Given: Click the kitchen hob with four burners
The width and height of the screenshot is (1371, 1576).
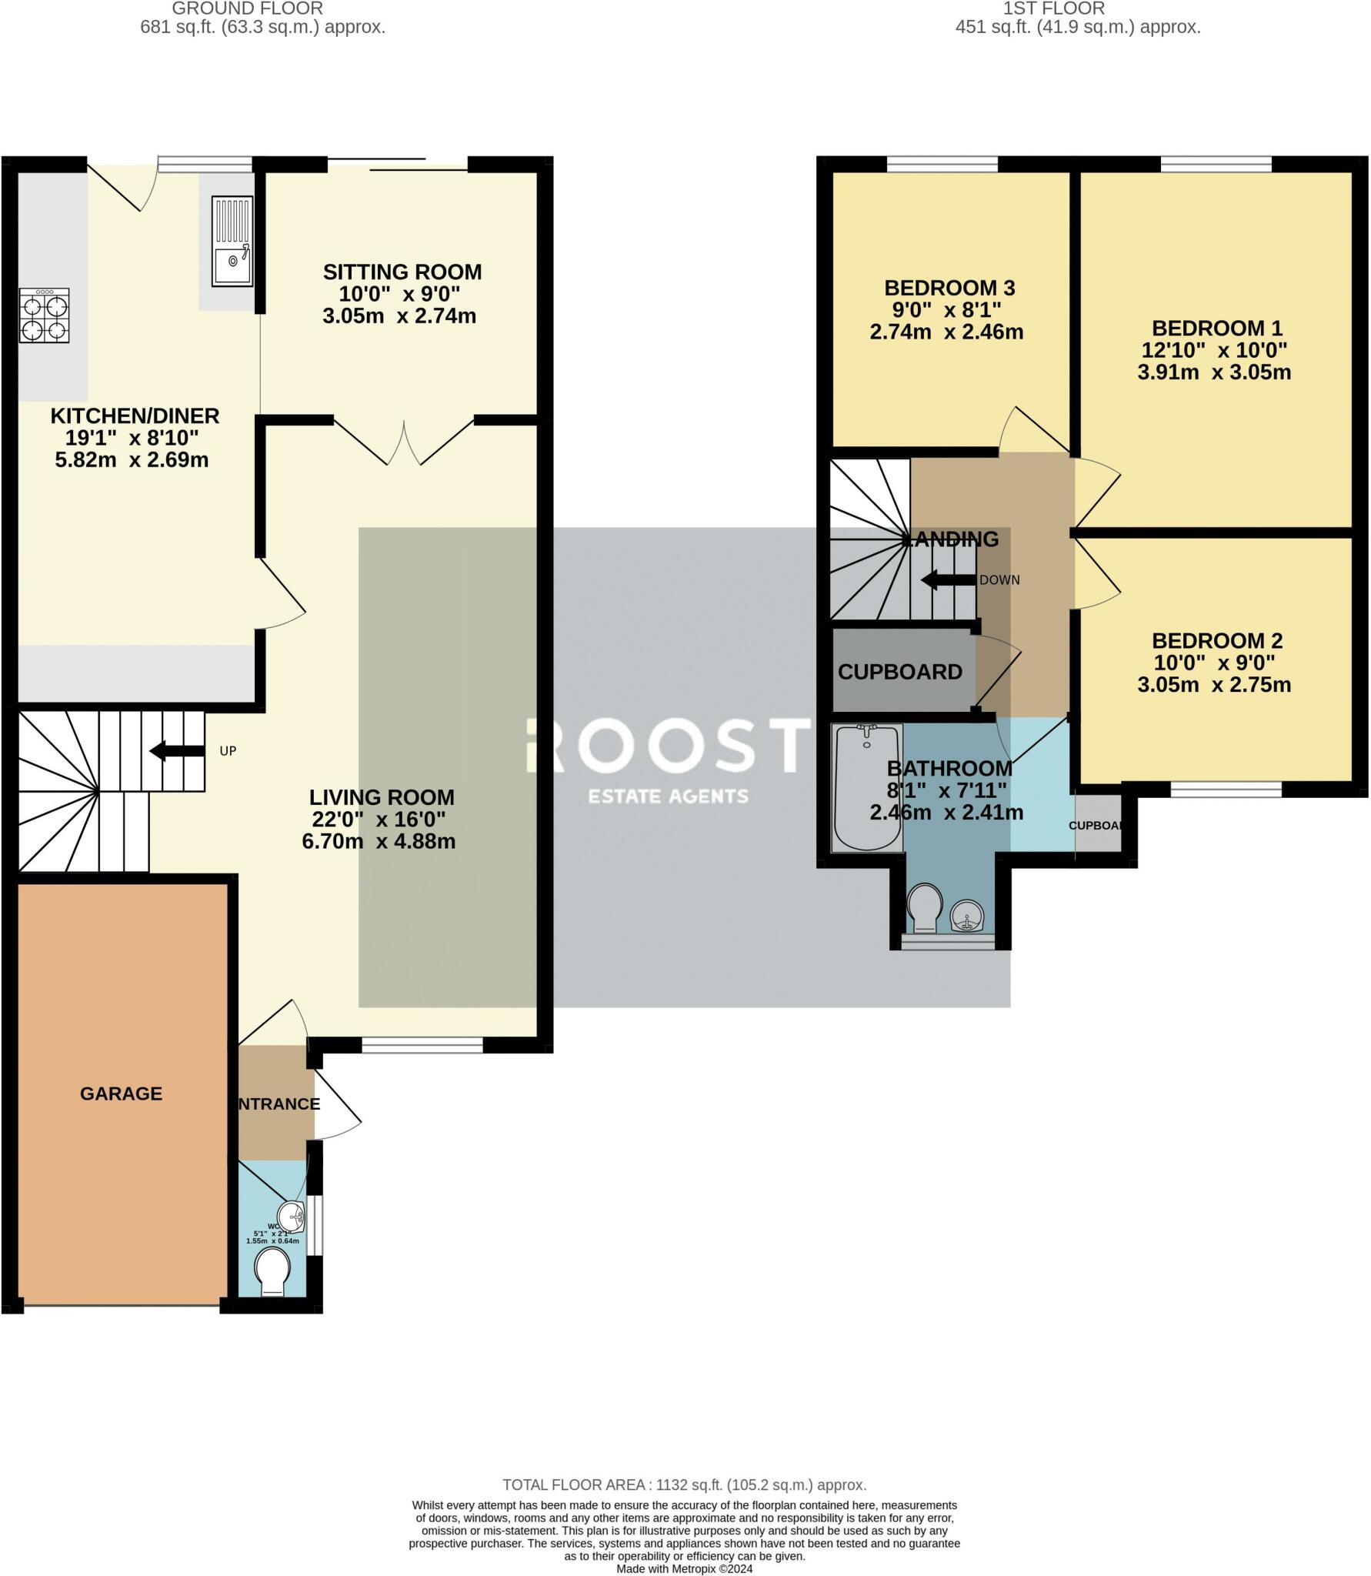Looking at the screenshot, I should (45, 316).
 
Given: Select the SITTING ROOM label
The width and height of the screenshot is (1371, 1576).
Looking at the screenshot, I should (402, 272).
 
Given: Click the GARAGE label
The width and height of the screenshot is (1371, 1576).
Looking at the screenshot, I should (121, 1094).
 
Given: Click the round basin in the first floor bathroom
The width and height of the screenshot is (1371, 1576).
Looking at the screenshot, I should (968, 915).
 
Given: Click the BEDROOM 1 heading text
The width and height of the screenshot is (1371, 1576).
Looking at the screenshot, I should (1216, 328).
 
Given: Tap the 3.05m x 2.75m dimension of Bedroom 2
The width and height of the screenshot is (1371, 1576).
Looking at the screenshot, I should (1213, 684).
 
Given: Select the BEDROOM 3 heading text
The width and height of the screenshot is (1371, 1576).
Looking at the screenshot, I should (949, 288).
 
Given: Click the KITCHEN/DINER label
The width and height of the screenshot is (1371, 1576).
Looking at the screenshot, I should (135, 416).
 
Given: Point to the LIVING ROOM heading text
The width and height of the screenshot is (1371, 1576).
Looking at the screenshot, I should (382, 796).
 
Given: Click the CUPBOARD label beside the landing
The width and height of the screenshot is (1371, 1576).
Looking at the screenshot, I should (899, 672).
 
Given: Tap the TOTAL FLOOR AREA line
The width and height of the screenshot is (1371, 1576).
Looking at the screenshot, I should (684, 1484).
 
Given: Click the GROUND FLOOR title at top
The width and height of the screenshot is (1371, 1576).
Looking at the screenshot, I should (247, 8).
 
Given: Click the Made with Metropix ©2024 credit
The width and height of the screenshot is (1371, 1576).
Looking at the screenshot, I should (684, 1568).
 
